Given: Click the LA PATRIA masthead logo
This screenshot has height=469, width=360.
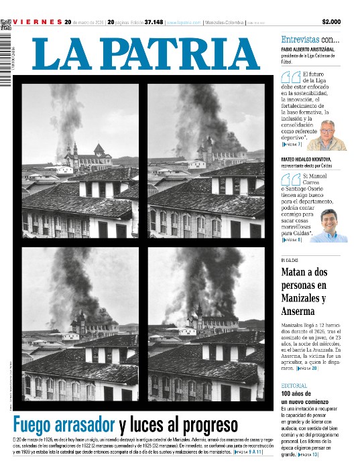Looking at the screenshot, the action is [x=145, y=54].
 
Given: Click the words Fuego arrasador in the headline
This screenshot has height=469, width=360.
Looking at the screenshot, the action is [x=65, y=424].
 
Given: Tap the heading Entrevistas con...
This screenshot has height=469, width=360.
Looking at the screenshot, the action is [x=310, y=40].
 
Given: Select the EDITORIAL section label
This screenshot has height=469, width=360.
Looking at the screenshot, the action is [x=294, y=386].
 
